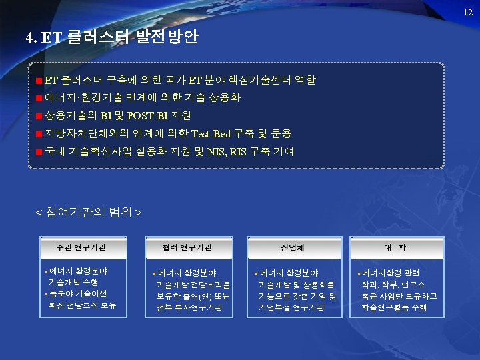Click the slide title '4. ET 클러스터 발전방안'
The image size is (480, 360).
point(111,37)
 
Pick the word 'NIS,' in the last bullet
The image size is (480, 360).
point(216,152)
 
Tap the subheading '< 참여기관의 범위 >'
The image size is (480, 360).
point(88,213)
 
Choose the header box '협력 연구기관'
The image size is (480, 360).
point(187,247)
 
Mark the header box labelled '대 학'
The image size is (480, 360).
point(394,247)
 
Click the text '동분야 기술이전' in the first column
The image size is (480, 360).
point(79,294)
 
